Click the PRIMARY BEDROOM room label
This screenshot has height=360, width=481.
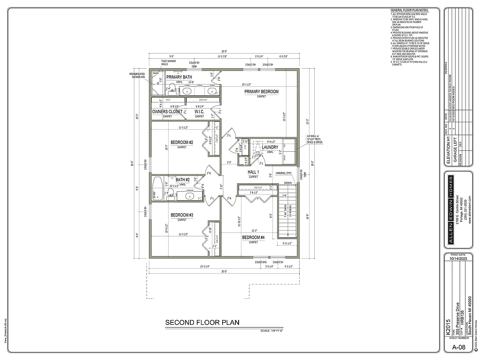pos(261,91)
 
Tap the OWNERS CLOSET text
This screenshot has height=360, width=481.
pos(167,112)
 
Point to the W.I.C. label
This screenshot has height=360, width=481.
pos(200,112)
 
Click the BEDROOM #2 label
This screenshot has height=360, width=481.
pos(182,142)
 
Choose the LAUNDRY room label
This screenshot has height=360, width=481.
pos(270,147)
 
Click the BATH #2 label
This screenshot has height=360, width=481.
pos(182,180)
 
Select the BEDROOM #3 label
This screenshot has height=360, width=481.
pos(182,215)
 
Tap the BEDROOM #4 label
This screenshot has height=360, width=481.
pos(253,237)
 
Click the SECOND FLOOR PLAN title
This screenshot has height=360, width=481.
pos(202,322)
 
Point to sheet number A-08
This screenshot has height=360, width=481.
pos(458,347)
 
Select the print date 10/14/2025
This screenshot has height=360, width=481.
pos(458,258)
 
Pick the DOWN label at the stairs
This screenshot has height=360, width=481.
pos(287,183)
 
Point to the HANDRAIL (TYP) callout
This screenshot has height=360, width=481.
pos(284,173)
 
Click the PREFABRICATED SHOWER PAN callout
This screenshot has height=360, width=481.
pos(138,76)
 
